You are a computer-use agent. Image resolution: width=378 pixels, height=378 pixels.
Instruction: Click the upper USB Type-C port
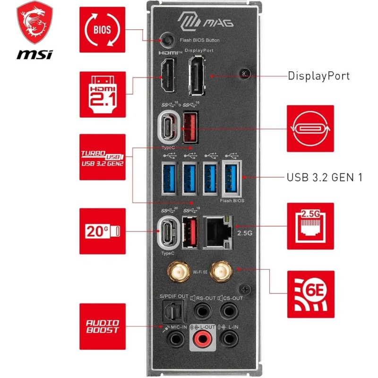coord(168,128)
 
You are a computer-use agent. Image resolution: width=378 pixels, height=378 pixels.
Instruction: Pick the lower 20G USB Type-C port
coord(169,232)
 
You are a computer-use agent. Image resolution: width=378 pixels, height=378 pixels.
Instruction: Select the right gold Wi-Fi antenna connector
coord(220,271)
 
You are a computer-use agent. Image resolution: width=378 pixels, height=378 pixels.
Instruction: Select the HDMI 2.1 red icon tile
coord(103,94)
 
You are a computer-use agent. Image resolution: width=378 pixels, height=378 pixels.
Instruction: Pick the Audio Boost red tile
coord(103,326)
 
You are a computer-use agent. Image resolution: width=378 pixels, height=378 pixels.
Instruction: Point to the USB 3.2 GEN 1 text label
coord(324,178)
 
